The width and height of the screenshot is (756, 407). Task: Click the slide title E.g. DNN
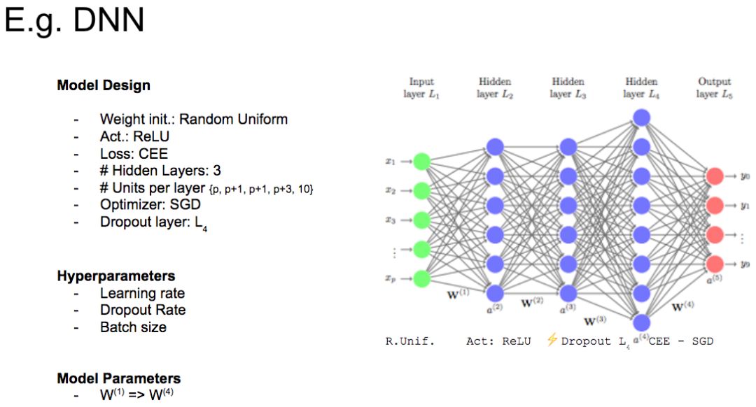74,21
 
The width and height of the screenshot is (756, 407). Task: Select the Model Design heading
104,86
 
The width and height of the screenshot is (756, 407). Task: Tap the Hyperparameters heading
116,276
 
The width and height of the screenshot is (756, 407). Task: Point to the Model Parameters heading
119,378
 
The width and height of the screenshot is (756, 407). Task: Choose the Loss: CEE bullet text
134,154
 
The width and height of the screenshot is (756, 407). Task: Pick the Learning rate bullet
142,294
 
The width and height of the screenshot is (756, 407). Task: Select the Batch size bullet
133,327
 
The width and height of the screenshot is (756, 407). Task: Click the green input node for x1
421,162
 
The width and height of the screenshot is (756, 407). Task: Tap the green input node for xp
421,278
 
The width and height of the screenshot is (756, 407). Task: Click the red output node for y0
715,176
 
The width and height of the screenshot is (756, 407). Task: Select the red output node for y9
715,264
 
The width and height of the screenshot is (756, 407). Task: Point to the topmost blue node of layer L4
642,117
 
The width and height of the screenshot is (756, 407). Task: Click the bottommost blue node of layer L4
642,322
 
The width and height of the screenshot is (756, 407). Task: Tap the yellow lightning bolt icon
552,340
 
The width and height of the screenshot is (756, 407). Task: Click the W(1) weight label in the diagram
459,295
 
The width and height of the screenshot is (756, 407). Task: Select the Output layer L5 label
714,87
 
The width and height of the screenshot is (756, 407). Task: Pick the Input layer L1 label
421,87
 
